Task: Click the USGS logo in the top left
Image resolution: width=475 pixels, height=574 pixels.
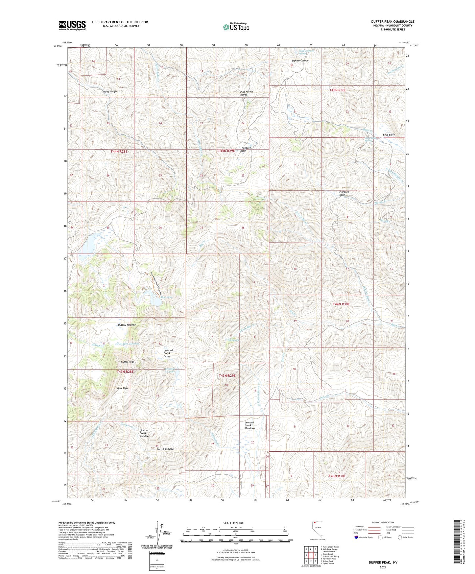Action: (x=72, y=25)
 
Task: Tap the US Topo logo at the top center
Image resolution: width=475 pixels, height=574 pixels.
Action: (x=236, y=27)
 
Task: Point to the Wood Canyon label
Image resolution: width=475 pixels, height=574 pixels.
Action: (x=110, y=91)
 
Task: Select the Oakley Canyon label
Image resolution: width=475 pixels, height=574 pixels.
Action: (x=300, y=61)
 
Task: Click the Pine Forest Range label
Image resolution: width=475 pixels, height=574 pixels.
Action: (x=247, y=93)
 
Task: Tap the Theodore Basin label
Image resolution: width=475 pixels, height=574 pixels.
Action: (x=246, y=149)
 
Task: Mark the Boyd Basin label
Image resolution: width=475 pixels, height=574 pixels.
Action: (x=389, y=135)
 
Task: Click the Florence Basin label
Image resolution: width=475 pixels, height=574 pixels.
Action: (x=344, y=193)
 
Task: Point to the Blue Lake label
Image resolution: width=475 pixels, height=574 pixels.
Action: (x=166, y=297)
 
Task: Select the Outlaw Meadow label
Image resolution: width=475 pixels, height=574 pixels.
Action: (x=127, y=325)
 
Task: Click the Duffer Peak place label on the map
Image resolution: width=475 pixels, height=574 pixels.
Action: (x=128, y=362)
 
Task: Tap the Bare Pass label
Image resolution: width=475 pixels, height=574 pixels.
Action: (x=122, y=388)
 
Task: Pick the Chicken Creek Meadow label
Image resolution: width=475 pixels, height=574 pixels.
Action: (x=144, y=433)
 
